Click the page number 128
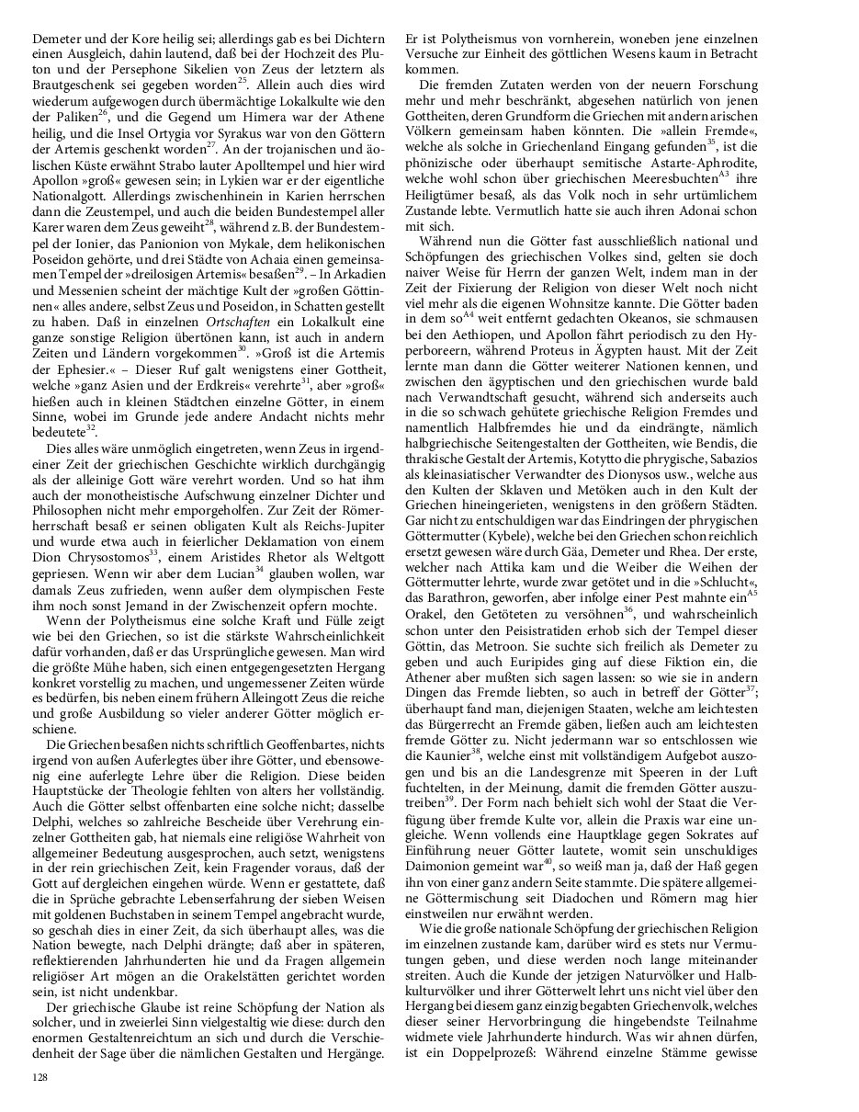tap(40, 1074)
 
